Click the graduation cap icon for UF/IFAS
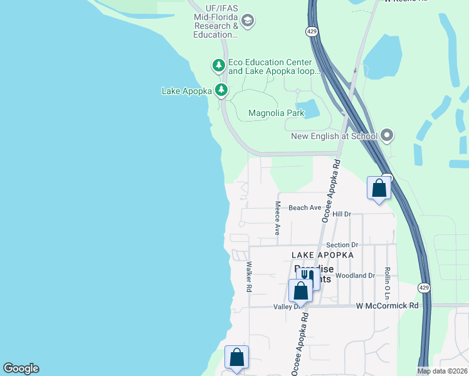248,22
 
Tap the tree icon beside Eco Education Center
218,65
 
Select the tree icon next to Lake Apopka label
221,91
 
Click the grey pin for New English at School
387,135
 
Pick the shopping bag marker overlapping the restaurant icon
300,291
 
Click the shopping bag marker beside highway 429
379,188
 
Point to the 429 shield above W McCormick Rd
424,288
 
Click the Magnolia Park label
276,113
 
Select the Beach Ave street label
305,207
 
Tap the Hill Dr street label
342,214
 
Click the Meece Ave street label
277,219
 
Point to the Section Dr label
342,245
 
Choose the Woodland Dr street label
355,275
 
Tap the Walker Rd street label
249,277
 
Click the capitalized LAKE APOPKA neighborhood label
322,255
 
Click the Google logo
21,368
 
